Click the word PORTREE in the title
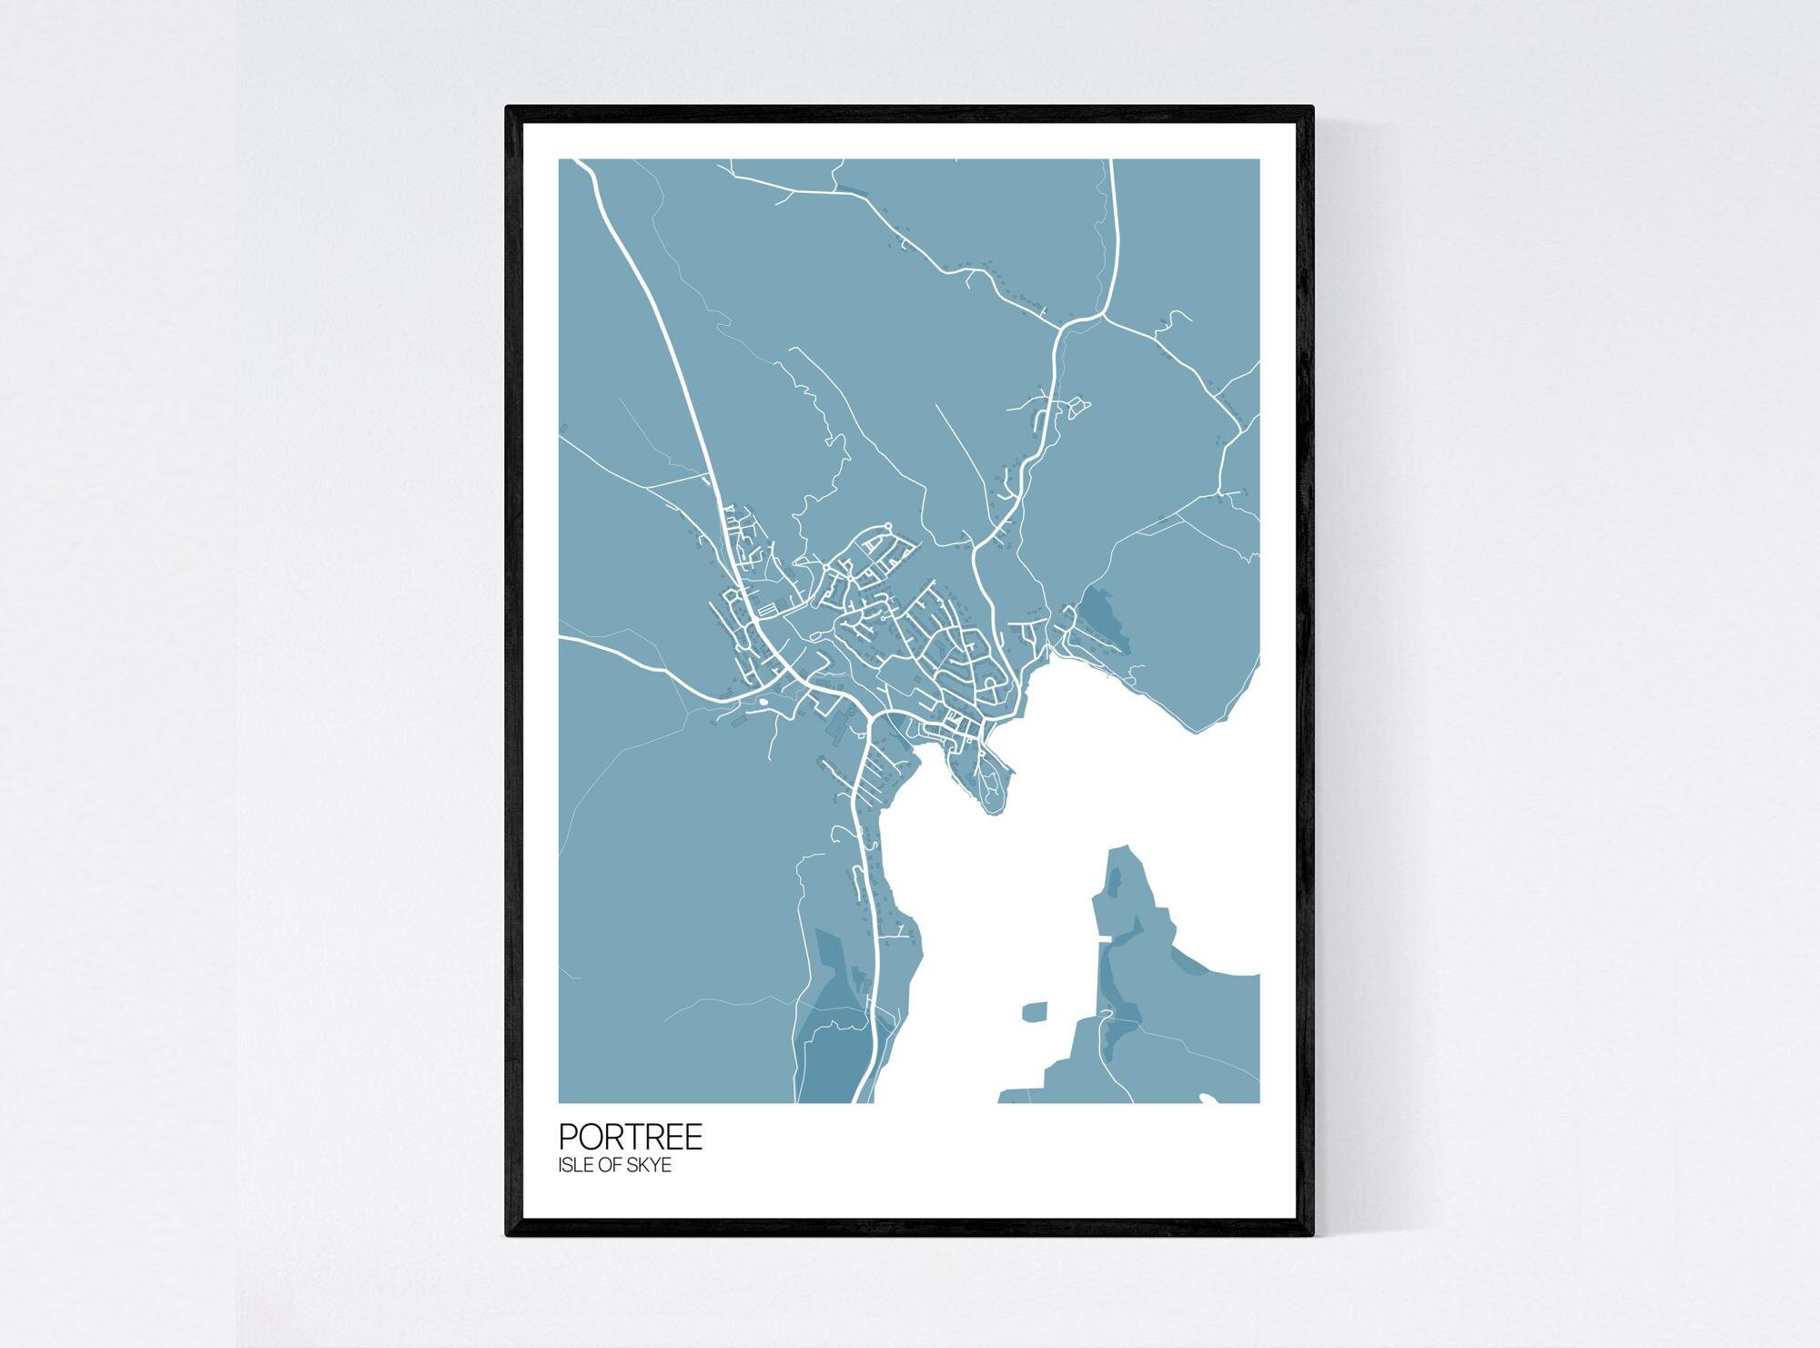pos(630,1137)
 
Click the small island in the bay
pos(1035,1011)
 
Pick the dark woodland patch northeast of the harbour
pos(1104,619)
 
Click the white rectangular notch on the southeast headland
pos(1105,938)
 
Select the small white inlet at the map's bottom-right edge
pos(1207,1099)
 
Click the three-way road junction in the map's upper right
pos(1103,317)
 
